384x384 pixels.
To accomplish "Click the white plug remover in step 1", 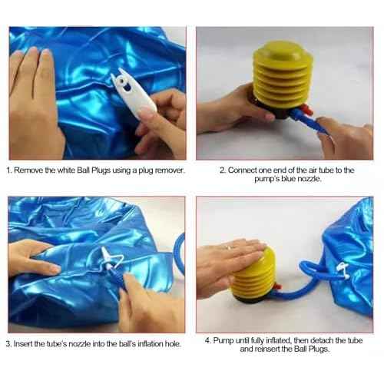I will (127, 95).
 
